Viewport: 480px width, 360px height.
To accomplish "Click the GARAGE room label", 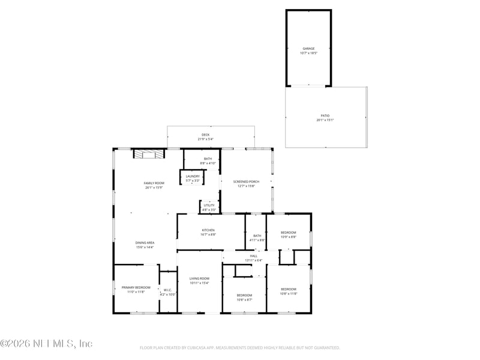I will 308,49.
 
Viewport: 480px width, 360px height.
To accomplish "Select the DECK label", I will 205,134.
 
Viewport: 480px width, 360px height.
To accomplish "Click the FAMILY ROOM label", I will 154,183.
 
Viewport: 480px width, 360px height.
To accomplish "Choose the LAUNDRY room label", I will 192,176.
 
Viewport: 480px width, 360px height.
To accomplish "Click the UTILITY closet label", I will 209,205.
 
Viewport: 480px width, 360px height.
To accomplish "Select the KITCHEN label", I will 208,230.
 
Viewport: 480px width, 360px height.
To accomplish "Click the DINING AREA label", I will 144,242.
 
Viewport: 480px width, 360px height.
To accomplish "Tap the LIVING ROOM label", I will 199,278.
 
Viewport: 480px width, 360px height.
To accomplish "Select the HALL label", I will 253,256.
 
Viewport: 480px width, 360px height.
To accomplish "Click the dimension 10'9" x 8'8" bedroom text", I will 289,237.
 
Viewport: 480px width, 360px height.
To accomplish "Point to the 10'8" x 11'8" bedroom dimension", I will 289,293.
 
